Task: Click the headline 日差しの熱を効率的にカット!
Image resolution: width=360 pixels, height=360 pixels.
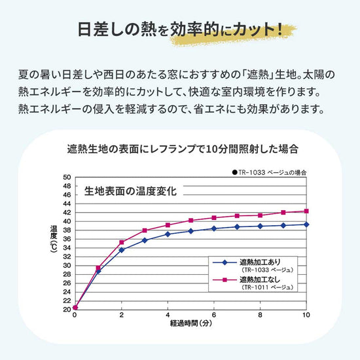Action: (x=179, y=29)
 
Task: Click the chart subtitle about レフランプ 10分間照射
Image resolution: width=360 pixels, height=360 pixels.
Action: (x=180, y=149)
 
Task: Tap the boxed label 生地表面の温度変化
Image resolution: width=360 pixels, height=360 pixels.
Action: (x=130, y=191)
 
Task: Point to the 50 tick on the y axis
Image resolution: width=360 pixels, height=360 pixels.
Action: (x=67, y=177)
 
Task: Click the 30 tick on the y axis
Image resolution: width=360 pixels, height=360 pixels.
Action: (x=67, y=264)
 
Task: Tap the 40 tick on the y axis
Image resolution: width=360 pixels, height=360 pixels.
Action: (x=67, y=221)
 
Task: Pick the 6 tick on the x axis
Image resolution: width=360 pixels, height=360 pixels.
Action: (x=214, y=315)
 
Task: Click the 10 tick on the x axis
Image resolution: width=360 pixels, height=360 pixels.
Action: (x=306, y=315)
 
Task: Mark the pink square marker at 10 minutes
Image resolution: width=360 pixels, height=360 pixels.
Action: (x=306, y=211)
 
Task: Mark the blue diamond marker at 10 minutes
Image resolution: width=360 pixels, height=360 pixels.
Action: (x=306, y=224)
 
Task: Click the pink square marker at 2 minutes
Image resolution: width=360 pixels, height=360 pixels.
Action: (x=121, y=242)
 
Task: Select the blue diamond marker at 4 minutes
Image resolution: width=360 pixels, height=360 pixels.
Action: (x=168, y=234)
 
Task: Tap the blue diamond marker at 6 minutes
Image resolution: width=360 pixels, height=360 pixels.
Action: (x=214, y=228)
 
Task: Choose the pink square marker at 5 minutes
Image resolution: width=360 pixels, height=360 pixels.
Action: (x=190, y=220)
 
